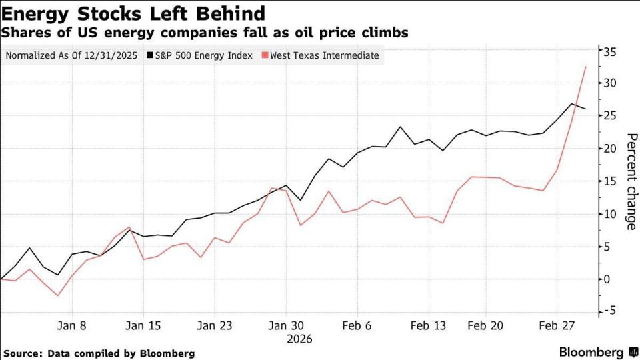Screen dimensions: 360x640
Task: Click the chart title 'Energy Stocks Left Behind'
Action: click(x=133, y=13)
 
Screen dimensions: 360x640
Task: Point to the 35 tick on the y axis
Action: click(x=609, y=51)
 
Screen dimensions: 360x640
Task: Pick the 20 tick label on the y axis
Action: click(x=609, y=149)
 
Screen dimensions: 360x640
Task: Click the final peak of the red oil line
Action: click(x=585, y=67)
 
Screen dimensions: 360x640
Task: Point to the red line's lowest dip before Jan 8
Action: click(x=58, y=295)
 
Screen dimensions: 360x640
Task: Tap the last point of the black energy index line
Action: click(x=585, y=109)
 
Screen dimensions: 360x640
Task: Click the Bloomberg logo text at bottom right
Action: click(x=591, y=351)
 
